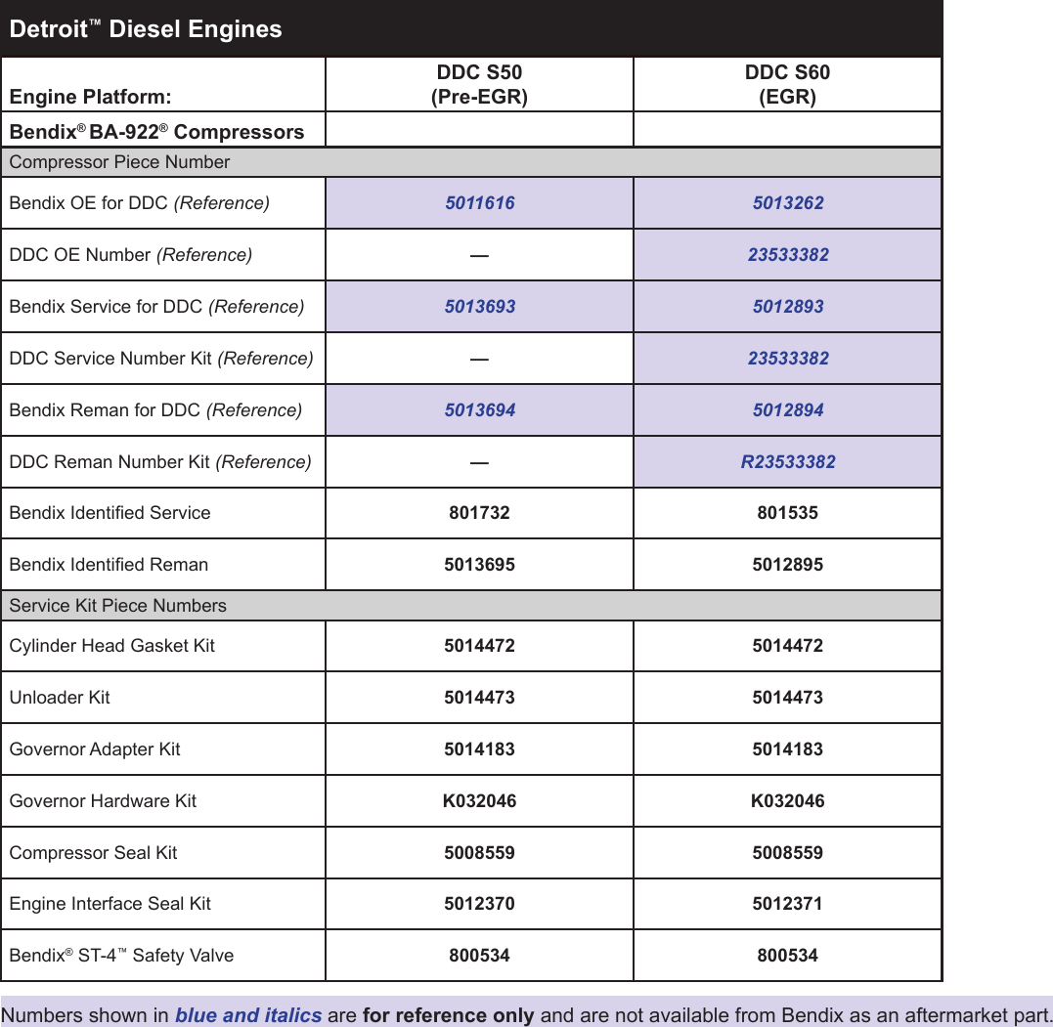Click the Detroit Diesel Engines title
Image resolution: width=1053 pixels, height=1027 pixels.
pos(146,29)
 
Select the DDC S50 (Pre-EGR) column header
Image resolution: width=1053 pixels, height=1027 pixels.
pos(479,84)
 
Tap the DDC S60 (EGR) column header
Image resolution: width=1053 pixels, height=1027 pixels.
pos(787,84)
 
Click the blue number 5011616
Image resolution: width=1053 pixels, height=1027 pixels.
pos(479,203)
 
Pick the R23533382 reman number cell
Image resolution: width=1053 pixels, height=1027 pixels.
pos(788,462)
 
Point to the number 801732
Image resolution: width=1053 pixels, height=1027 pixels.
pos(479,513)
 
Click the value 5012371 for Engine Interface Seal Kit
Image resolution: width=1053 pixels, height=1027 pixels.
pos(787,904)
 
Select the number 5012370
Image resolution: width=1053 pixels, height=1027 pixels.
pos(479,904)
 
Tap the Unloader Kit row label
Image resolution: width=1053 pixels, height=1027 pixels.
pos(60,698)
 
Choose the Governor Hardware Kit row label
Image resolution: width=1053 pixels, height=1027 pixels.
pos(103,801)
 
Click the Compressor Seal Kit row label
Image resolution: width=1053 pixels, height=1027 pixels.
pos(93,853)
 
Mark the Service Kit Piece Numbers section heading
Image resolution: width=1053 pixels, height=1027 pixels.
pos(117,606)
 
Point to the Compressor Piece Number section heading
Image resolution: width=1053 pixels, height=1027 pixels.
pos(119,162)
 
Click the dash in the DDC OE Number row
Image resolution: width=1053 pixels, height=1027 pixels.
pos(479,255)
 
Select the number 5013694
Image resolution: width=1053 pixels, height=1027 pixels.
pos(479,410)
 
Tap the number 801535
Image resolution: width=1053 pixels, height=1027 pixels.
pos(787,513)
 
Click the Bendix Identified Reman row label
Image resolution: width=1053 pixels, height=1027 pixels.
pos(109,565)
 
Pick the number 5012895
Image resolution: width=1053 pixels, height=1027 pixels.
pos(787,565)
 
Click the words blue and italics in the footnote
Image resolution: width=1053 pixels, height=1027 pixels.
pos(248,1015)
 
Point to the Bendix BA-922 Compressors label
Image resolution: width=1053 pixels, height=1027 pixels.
pos(156,132)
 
